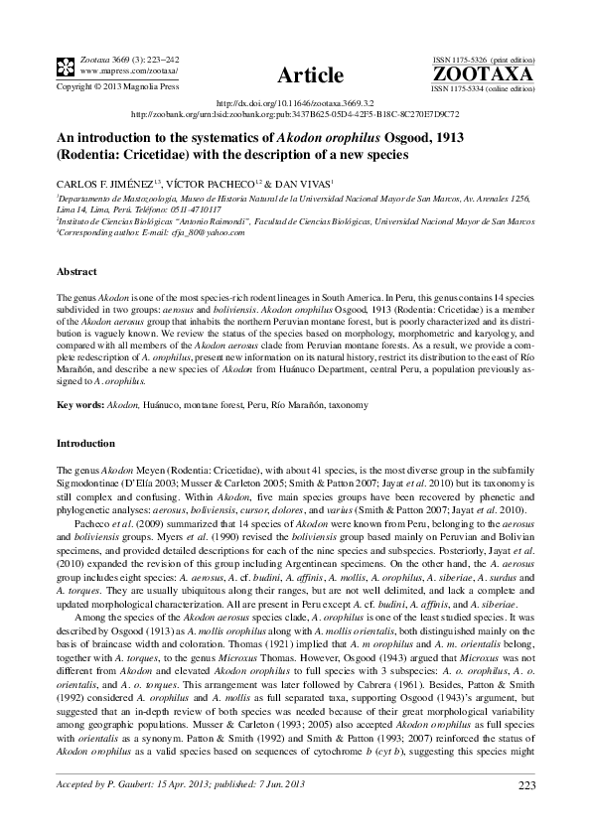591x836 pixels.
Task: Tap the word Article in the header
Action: (310, 75)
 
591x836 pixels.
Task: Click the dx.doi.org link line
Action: (295, 103)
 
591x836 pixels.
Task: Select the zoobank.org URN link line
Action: (295, 114)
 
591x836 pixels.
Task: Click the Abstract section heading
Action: (76, 271)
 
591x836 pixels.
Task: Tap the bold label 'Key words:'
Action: (79, 405)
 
